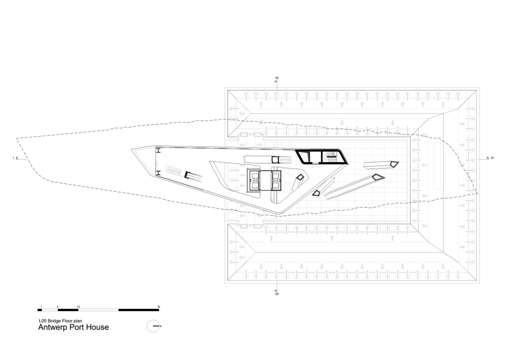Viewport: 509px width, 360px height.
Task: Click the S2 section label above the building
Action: point(277,78)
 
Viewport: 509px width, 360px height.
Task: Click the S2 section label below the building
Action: point(277,294)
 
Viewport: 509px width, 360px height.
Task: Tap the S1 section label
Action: point(492,158)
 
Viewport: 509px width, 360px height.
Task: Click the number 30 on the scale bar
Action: point(159,307)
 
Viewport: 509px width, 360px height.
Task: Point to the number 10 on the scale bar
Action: point(78,307)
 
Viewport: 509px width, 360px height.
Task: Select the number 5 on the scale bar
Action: point(58,307)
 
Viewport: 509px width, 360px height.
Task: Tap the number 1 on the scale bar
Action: point(41,307)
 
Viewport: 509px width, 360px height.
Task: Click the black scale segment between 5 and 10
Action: point(68,310)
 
